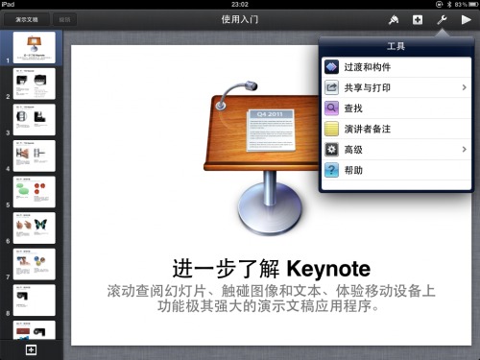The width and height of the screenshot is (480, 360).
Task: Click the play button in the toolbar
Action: click(x=466, y=19)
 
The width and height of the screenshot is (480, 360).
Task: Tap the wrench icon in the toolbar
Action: click(x=442, y=19)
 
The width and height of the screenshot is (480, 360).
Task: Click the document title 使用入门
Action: click(x=240, y=19)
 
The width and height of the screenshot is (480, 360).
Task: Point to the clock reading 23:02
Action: click(x=240, y=5)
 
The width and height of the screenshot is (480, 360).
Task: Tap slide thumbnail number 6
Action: click(x=34, y=228)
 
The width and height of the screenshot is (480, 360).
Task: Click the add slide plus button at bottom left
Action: click(x=31, y=349)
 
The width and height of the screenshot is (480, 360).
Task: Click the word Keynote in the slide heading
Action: click(x=328, y=267)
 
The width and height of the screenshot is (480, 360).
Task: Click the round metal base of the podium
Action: click(x=257, y=225)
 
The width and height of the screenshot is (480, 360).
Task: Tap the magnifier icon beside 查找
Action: click(x=332, y=108)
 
